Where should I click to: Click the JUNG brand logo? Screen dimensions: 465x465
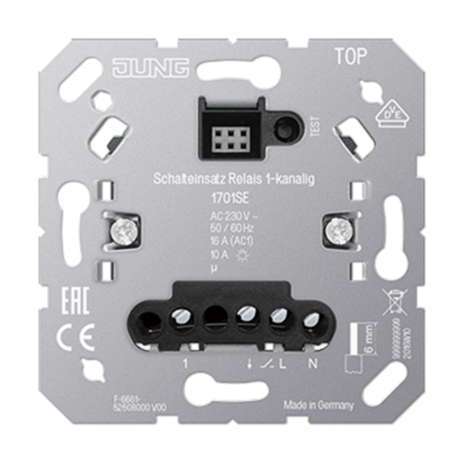click(x=150, y=68)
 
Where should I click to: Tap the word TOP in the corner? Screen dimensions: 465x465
click(x=351, y=57)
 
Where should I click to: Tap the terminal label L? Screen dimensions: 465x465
click(x=282, y=364)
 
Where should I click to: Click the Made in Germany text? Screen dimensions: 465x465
click(x=319, y=405)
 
